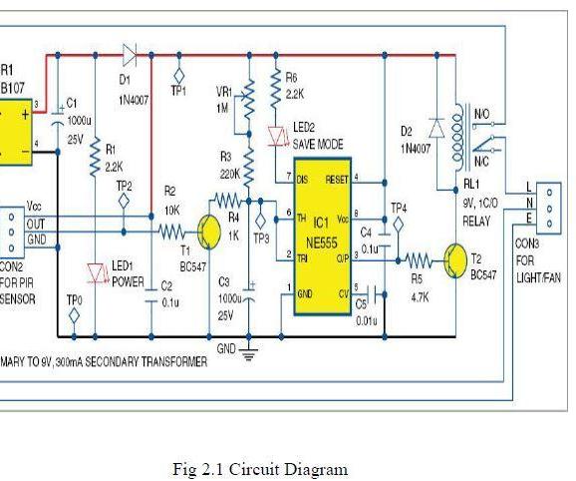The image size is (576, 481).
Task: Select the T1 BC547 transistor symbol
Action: tap(208, 231)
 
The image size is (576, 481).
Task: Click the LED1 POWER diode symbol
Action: tap(97, 272)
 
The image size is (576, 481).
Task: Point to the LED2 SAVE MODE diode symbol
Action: tap(278, 135)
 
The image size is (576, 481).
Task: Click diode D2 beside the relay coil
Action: tap(435, 127)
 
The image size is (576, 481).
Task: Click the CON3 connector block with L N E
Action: tap(549, 207)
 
